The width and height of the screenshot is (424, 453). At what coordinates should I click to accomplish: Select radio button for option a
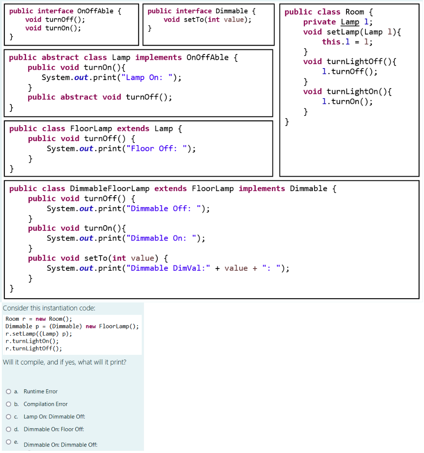[9, 392]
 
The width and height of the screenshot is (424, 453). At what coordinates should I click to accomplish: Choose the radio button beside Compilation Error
[9, 404]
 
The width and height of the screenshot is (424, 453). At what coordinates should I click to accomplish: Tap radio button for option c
[9, 416]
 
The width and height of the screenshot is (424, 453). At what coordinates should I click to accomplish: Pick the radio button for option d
[9, 429]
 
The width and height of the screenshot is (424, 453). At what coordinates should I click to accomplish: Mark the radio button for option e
[9, 441]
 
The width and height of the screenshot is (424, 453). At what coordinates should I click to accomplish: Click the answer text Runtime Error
[40, 392]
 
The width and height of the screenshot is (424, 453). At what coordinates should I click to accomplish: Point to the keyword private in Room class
[319, 22]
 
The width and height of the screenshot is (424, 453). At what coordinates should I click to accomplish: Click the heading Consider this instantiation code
[49, 308]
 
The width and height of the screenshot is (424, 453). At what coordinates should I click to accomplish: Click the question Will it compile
[64, 362]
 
